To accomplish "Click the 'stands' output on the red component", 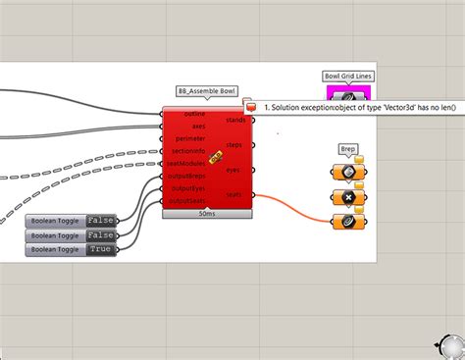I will click(x=235, y=120).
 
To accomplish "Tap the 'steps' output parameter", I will click(x=235, y=145).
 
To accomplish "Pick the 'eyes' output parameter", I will click(x=233, y=170).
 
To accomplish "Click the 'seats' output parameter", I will click(x=234, y=194).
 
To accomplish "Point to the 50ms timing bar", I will click(x=207, y=213).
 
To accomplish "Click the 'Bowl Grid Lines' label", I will click(x=348, y=76).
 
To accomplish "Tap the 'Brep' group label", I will click(x=348, y=149).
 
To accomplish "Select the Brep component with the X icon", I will click(x=347, y=197).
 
